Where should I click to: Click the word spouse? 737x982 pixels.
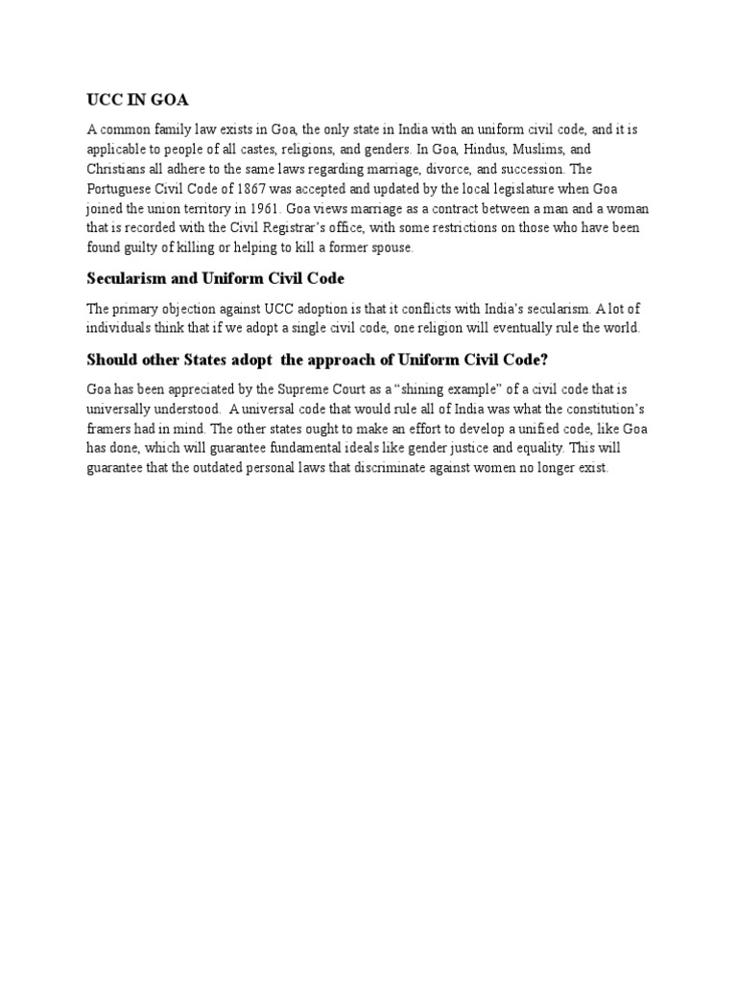click(x=390, y=246)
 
